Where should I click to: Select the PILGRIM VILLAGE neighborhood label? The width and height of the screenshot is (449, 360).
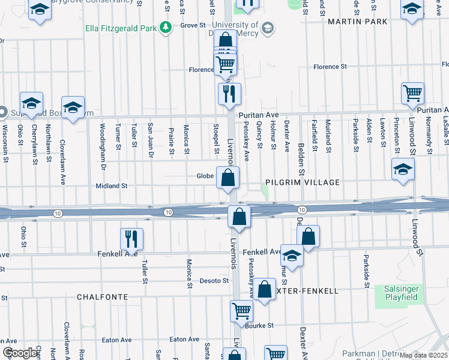[303, 182]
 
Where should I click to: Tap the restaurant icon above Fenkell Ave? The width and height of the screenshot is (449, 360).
[131, 238]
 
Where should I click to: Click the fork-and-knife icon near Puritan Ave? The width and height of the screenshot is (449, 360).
[229, 94]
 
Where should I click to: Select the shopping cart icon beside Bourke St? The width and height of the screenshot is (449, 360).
[241, 310]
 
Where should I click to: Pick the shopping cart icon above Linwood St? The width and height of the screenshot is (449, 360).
[412, 93]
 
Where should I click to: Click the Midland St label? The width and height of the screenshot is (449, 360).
[112, 186]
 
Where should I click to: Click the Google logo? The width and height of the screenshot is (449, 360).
[20, 353]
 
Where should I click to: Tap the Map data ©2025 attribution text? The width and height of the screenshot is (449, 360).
[423, 355]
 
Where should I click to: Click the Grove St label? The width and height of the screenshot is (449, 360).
[193, 25]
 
